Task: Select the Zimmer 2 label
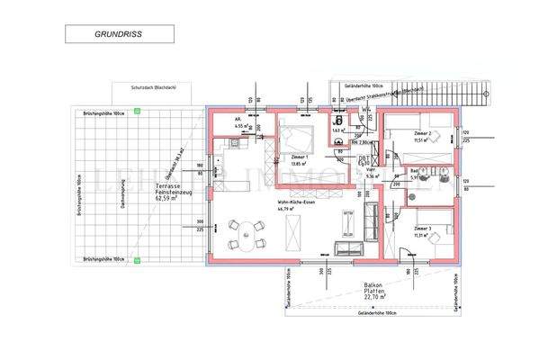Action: (x=422, y=134)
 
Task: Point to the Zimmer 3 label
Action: (x=422, y=229)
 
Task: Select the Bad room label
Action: (x=414, y=170)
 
